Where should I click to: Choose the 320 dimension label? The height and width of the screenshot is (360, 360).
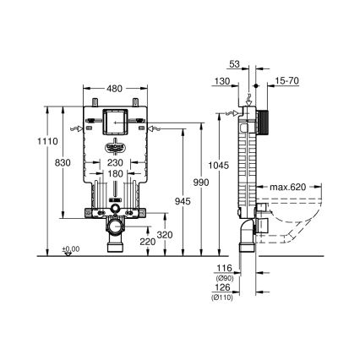click(x=166, y=234)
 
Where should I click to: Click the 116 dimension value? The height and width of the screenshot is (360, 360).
click(x=223, y=267)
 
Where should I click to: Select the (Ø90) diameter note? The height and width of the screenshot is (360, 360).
click(x=223, y=276)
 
